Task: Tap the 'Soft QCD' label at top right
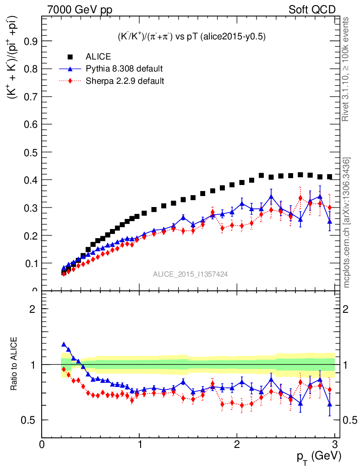[312, 10]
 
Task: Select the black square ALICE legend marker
[71, 57]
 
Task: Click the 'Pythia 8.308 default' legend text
[124, 69]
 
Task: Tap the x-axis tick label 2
[237, 444]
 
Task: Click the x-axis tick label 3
[334, 444]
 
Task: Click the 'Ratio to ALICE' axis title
[15, 365]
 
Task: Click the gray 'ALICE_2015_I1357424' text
[191, 274]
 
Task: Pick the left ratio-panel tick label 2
[33, 309]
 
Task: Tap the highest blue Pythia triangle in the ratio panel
[64, 344]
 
